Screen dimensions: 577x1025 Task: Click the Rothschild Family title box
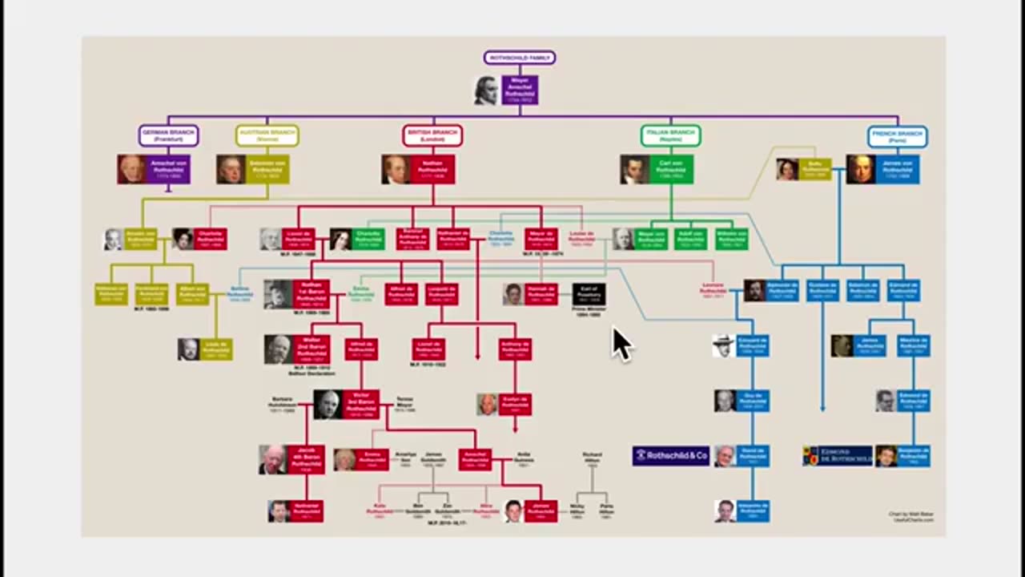pos(519,58)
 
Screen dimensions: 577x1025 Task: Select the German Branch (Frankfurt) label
pos(168,135)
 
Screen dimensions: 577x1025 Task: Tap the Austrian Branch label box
pos(267,135)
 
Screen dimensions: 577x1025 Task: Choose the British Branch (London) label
pos(432,135)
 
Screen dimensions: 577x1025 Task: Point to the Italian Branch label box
pos(670,135)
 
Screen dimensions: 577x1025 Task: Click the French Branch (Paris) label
pos(897,136)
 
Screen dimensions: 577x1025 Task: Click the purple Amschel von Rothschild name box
pos(168,169)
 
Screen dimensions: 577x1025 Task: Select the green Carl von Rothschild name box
pos(671,169)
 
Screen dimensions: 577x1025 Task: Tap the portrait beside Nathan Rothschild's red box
pos(396,169)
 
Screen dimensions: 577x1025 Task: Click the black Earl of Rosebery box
pos(589,294)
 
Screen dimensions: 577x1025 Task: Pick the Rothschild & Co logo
pos(671,456)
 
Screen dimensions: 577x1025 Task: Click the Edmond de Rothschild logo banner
pos(838,456)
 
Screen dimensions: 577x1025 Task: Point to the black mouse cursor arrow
pos(621,344)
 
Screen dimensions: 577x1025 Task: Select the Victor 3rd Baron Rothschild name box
pos(361,405)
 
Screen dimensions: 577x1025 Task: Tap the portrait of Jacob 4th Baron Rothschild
pos(272,459)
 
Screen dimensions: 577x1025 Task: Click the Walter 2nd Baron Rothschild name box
pos(312,349)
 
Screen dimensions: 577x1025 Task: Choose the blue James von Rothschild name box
pos(898,169)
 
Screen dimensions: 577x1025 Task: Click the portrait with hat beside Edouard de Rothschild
pos(724,345)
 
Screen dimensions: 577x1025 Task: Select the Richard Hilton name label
pos(592,458)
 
